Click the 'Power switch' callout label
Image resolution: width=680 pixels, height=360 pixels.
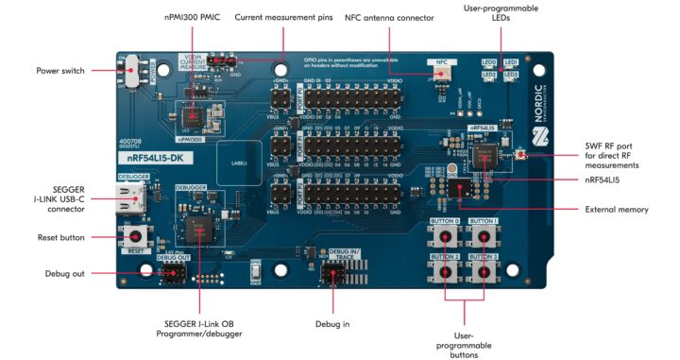(60, 71)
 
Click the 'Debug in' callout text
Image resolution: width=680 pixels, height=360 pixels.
(332, 324)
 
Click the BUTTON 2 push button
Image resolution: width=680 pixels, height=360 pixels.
(444, 271)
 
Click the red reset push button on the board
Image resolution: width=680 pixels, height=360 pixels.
(137, 235)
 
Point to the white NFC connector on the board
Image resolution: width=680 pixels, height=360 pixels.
(441, 71)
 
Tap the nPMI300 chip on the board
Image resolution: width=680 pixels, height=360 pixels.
(194, 114)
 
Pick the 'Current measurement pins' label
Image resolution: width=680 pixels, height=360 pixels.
(284, 18)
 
